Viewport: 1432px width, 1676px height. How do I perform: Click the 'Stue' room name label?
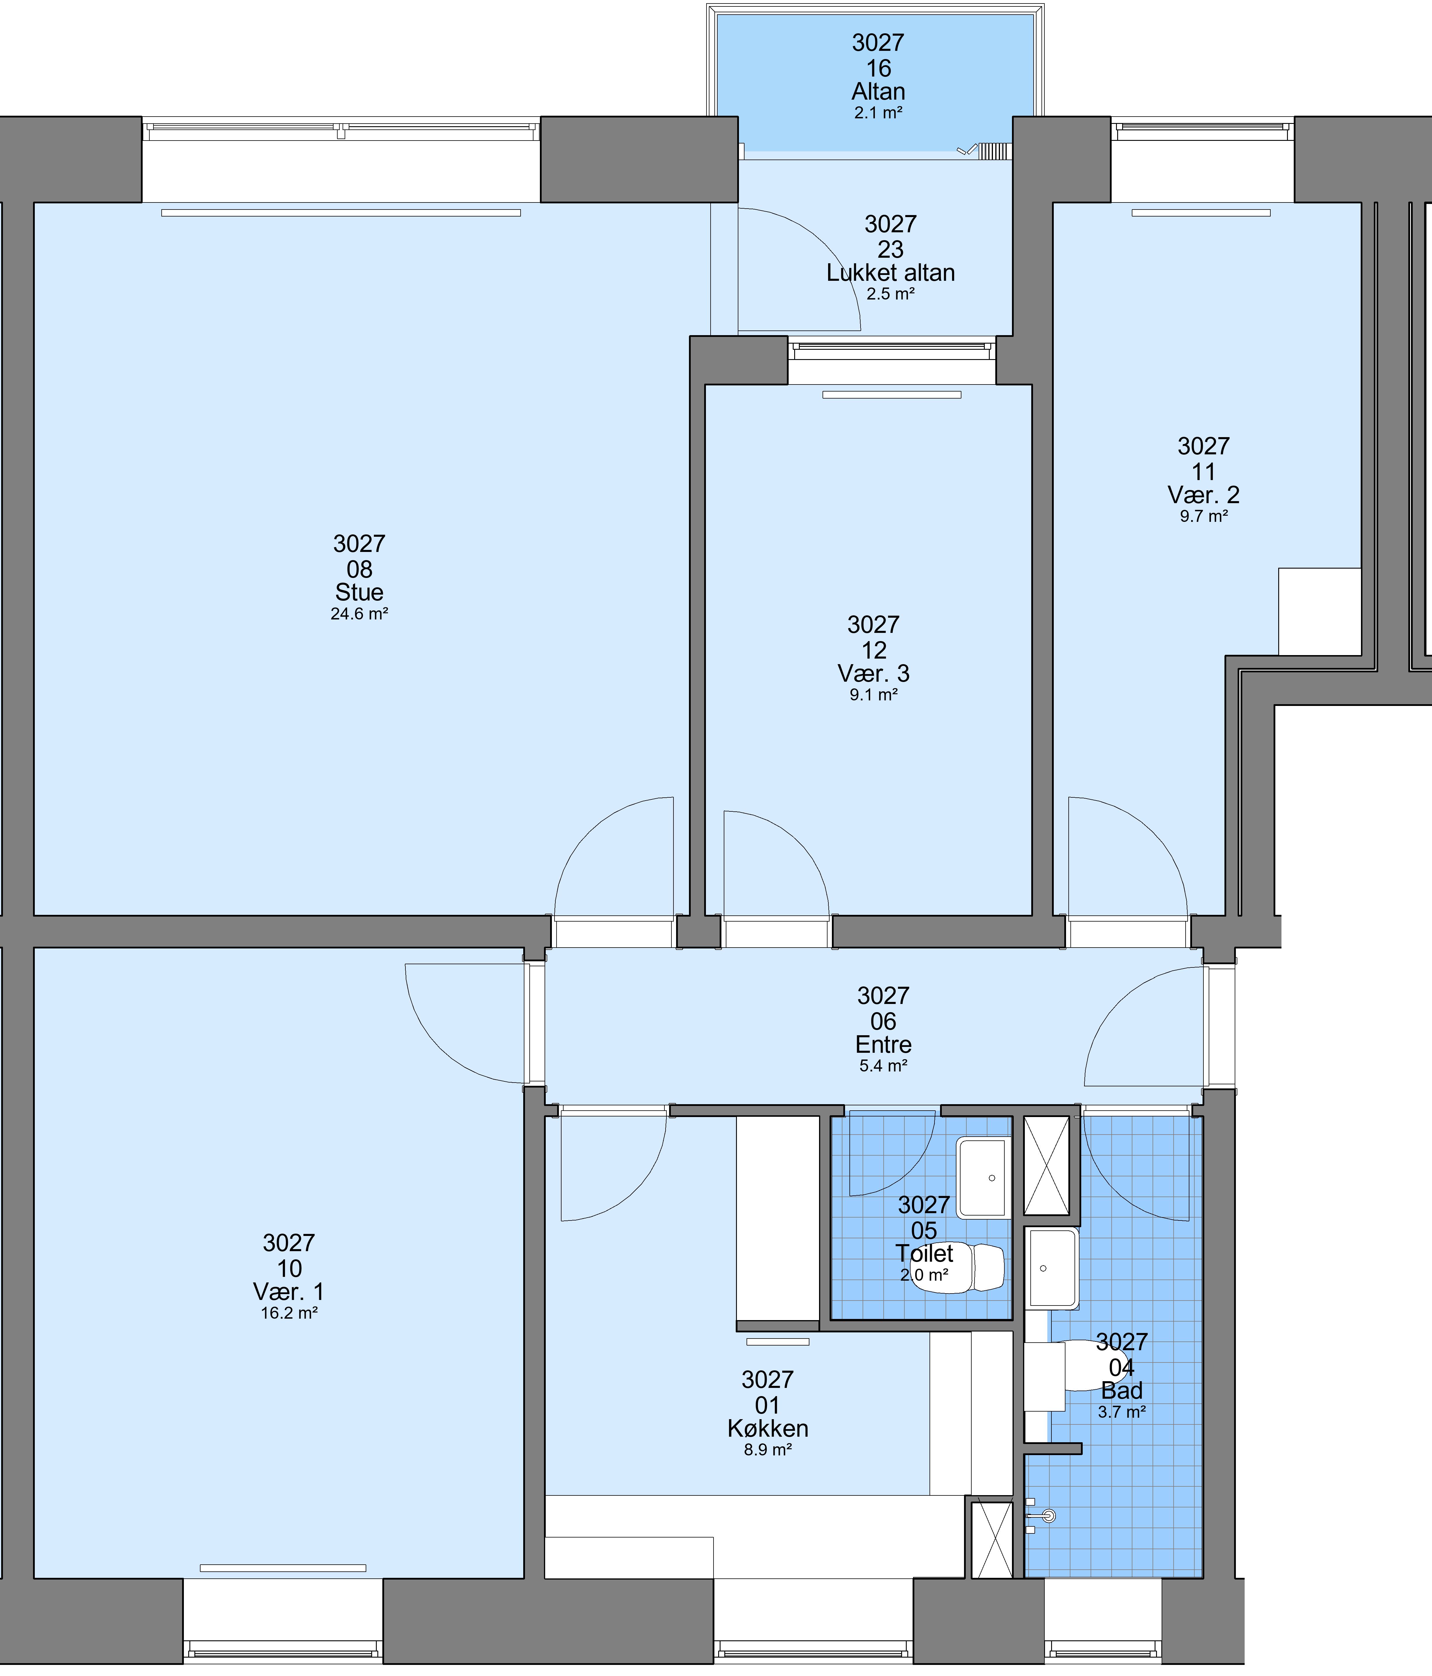pyautogui.click(x=359, y=592)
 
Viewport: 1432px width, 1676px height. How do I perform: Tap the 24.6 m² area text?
pyautogui.click(x=359, y=614)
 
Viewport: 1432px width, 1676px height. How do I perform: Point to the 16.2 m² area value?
pyautogui.click(x=289, y=1313)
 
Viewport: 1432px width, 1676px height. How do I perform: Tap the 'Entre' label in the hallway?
pyautogui.click(x=883, y=1044)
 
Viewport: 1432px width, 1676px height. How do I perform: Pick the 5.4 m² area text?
pyautogui.click(x=883, y=1066)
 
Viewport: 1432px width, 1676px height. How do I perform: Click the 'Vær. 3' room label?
pyautogui.click(x=874, y=673)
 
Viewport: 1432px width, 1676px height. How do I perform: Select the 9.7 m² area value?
pyautogui.click(x=1204, y=516)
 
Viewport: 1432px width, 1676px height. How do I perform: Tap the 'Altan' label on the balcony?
pyautogui.click(x=879, y=91)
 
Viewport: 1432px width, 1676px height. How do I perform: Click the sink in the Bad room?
pyautogui.click(x=1052, y=1268)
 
